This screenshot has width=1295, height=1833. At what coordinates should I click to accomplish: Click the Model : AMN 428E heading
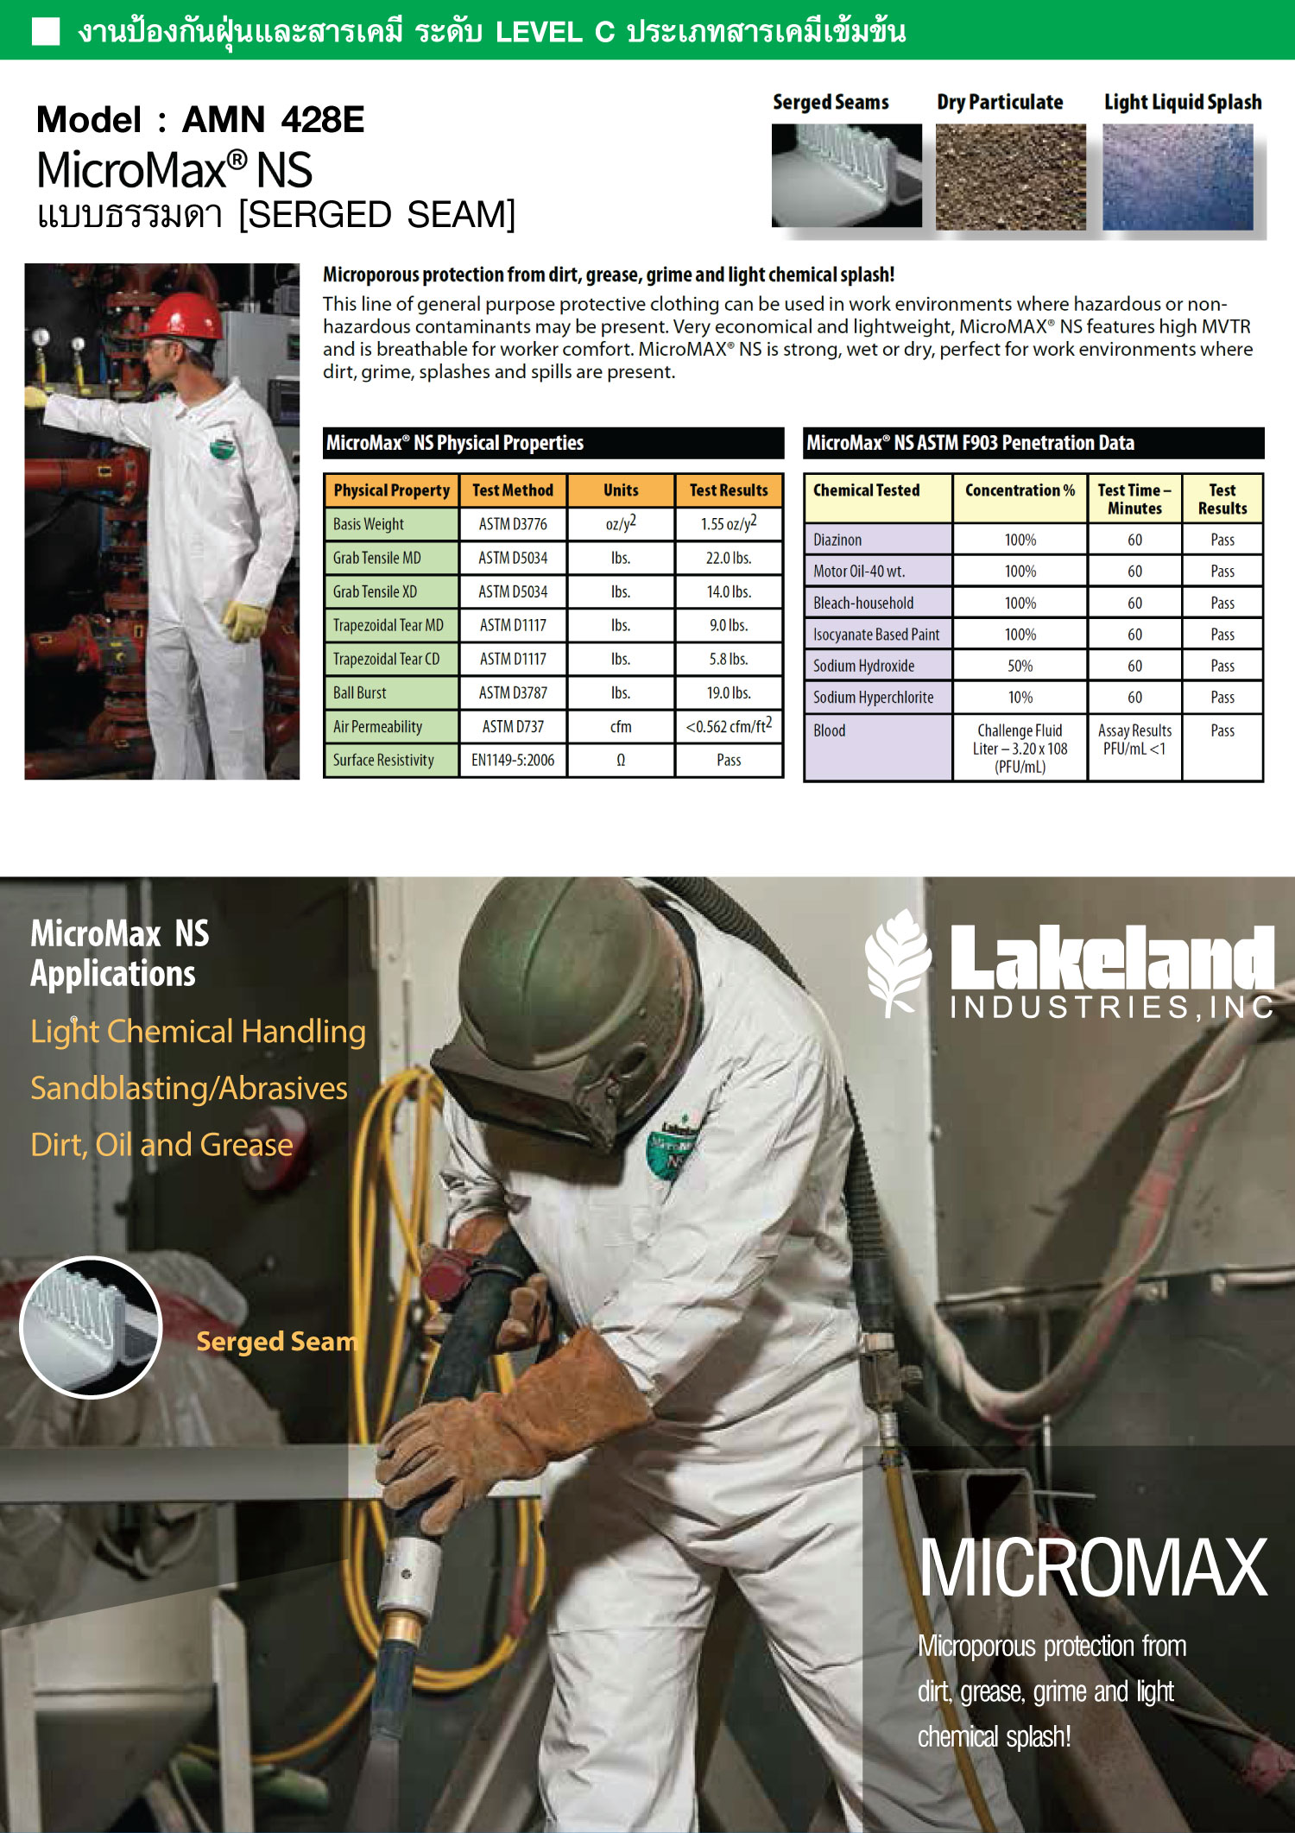(x=200, y=119)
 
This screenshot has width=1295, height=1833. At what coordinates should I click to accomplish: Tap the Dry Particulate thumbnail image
(x=1010, y=177)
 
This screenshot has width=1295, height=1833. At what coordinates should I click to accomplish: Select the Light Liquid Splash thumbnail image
(x=1178, y=177)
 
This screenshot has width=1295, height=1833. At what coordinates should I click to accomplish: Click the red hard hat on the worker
(x=182, y=316)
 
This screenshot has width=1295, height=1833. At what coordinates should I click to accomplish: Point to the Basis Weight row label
(x=369, y=524)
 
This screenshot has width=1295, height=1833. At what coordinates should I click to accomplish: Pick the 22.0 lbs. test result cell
(x=729, y=558)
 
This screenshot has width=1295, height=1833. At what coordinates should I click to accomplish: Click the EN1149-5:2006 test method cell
(x=513, y=760)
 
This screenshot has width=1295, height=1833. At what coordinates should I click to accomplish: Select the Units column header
(x=621, y=490)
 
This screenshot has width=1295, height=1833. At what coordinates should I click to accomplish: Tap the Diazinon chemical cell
(x=837, y=540)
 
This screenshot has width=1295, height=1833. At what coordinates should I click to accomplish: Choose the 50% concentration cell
(x=1020, y=666)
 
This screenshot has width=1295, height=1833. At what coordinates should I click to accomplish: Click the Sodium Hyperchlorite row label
(x=873, y=697)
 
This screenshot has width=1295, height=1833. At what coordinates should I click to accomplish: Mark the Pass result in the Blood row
(x=1222, y=730)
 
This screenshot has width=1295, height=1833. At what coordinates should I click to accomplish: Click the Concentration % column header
(x=1020, y=490)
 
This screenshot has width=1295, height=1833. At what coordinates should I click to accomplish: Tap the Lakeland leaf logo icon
(x=898, y=961)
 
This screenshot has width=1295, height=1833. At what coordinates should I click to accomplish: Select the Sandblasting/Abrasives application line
(x=189, y=1088)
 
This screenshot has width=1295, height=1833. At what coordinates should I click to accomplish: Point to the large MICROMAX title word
(x=1093, y=1567)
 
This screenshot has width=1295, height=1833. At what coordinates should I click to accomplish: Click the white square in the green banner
(x=45, y=31)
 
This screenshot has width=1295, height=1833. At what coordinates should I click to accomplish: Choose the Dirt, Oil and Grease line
(x=162, y=1145)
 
